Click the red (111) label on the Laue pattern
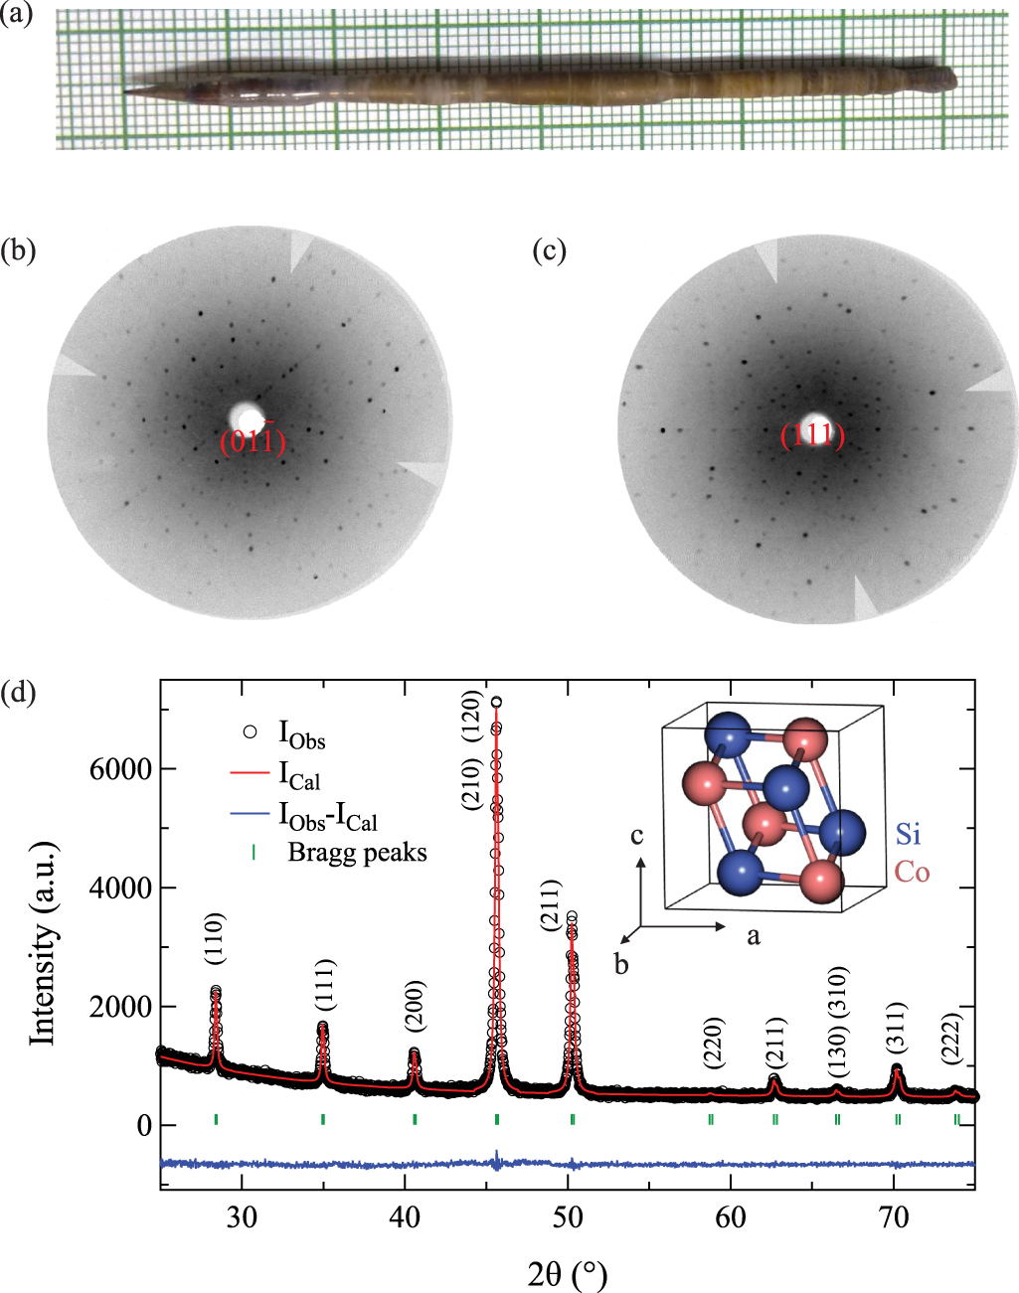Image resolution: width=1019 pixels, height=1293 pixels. click(812, 436)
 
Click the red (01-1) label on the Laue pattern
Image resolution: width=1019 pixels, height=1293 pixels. click(253, 440)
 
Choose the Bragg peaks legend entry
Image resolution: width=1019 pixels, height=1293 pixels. click(357, 852)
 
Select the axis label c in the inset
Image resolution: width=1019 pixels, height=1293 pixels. click(636, 835)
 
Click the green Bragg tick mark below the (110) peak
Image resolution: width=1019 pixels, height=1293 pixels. click(216, 1119)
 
